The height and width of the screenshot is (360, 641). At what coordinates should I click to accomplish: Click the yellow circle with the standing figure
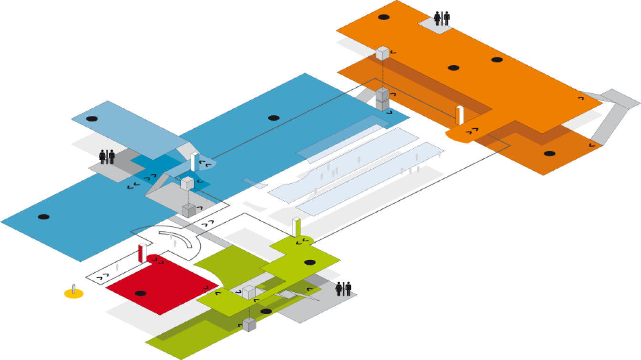74,292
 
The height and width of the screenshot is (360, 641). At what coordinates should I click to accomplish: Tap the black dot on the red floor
140,293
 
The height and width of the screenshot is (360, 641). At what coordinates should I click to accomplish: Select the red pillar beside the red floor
142,253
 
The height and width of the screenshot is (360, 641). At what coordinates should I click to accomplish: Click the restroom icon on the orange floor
442,19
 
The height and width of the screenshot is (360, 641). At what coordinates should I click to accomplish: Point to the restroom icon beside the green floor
343,288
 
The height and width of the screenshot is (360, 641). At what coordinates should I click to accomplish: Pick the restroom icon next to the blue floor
106,157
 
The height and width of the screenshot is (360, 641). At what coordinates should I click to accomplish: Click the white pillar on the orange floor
460,116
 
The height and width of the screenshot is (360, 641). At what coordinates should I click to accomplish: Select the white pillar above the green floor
296,227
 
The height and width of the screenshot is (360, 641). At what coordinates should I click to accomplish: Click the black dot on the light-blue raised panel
92,119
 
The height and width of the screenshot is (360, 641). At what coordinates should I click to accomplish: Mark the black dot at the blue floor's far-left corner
43,217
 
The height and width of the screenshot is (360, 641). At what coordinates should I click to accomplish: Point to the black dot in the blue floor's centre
273,118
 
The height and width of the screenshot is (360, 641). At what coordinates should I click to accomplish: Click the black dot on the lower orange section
549,154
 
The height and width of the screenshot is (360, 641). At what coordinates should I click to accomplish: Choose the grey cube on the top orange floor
383,53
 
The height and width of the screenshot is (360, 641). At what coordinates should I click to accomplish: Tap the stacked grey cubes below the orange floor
383,99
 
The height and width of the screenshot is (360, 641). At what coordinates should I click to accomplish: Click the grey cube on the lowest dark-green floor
249,325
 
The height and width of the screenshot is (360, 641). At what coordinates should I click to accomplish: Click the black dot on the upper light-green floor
310,262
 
